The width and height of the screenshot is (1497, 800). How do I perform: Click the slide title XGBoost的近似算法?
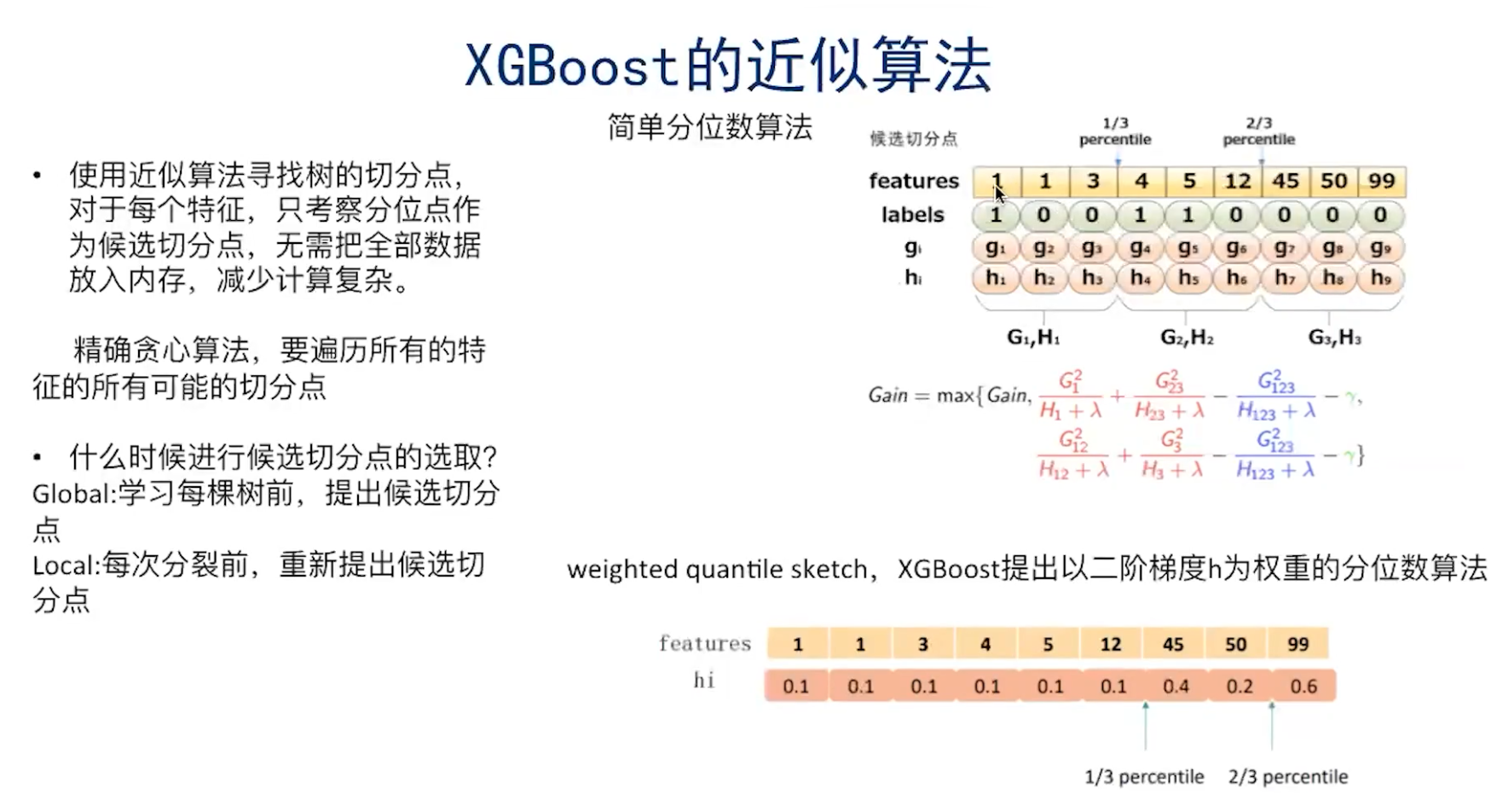[x=727, y=65]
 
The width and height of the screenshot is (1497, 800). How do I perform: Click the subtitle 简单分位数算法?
[x=709, y=128]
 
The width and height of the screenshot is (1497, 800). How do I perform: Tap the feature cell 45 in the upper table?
[x=1285, y=181]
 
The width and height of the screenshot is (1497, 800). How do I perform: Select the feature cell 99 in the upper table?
[x=1381, y=181]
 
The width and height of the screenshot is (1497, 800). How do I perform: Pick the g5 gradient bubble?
[x=1188, y=248]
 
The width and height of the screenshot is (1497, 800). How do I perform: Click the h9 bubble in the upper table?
[x=1381, y=278]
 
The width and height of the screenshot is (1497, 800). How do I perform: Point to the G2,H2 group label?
[x=1187, y=338]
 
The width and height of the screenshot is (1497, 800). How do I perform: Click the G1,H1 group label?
[x=1033, y=338]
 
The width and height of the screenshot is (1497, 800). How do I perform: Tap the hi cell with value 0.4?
[x=1176, y=687]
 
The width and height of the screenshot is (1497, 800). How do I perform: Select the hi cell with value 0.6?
[x=1303, y=687]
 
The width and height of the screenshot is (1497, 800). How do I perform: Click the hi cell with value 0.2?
[x=1240, y=687]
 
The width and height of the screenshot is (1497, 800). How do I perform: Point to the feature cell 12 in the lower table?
[x=1110, y=645]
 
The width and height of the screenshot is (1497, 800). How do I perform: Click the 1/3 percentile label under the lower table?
[x=1144, y=777]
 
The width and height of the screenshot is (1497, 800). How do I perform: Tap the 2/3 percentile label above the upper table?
[x=1258, y=131]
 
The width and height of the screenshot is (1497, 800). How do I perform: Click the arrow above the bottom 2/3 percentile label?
[x=1271, y=725]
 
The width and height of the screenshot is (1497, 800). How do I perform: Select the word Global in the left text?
[x=72, y=494]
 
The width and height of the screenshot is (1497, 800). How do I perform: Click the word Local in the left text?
[x=64, y=565]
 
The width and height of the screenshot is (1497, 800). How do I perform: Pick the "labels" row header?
[x=912, y=215]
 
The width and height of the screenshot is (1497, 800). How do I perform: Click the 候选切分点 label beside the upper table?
[x=913, y=139]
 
